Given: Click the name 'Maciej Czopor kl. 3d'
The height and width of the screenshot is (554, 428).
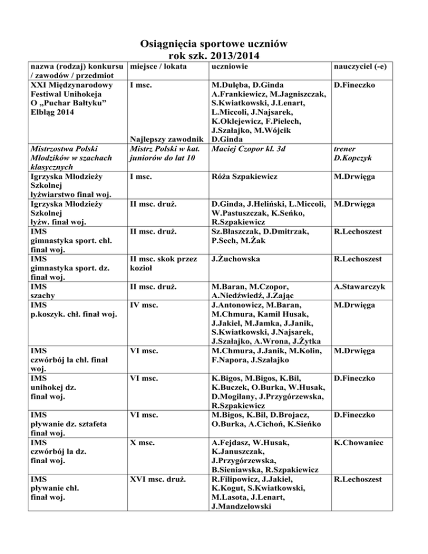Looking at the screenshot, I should coord(247,149).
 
